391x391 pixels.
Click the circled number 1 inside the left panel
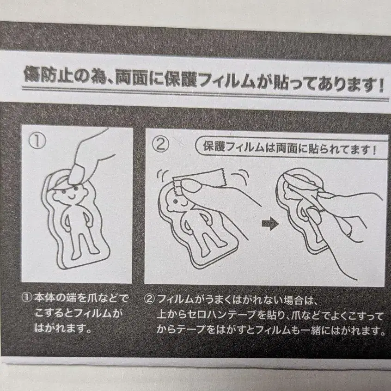click(37, 141)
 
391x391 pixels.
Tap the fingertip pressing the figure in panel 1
click(77, 174)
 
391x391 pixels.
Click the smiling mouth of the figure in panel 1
click(72, 197)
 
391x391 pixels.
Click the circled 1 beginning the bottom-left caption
click(27, 297)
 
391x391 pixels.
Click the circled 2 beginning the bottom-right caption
click(149, 299)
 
